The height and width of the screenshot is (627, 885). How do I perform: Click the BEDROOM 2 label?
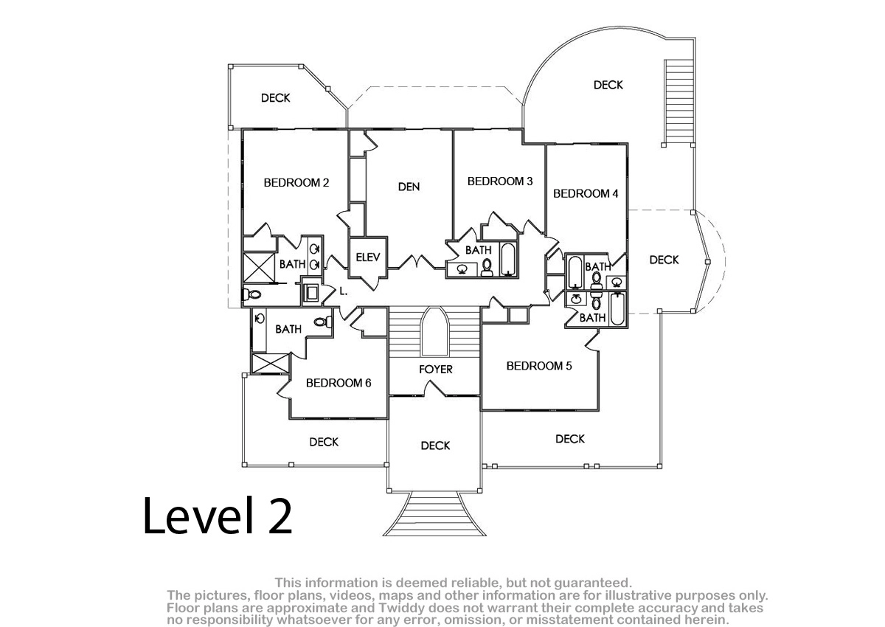point(296,183)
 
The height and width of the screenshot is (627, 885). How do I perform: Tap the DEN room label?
point(409,187)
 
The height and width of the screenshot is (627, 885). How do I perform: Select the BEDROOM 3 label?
point(500,181)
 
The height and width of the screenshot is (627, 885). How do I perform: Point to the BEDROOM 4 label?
point(586,193)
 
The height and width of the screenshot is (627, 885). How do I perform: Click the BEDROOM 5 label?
point(539,366)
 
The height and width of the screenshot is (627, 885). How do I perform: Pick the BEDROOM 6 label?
point(339,383)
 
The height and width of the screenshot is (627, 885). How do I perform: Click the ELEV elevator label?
point(368,257)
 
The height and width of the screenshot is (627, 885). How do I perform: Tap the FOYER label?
point(436,370)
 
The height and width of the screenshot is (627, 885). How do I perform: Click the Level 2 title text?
point(218,516)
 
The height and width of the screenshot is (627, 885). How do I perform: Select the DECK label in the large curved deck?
point(608,85)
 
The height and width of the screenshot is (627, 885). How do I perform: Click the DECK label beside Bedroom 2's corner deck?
point(276,98)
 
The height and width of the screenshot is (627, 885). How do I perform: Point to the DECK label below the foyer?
point(435,446)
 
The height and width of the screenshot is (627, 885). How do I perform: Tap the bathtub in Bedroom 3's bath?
point(507,259)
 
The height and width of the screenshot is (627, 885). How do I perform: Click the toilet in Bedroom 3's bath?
point(487,267)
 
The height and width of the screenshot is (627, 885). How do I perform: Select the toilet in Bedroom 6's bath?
point(323,322)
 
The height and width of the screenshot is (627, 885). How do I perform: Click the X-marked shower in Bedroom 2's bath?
point(259,268)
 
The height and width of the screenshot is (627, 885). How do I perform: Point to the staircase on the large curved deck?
point(678,102)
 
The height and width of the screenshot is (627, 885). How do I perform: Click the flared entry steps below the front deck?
point(434,513)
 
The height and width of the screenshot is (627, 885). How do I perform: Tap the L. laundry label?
point(344,291)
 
